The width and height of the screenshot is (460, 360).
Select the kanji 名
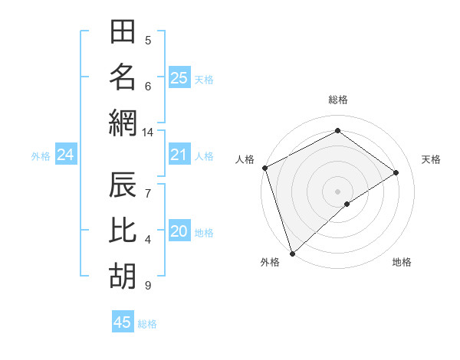123,77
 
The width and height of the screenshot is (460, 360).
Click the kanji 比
123,232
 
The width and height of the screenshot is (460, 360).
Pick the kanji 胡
123,277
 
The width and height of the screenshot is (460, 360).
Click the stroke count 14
148,133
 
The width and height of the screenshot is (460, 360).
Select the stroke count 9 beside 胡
148,286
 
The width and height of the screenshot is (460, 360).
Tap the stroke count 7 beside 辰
148,185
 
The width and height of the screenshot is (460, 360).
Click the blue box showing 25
179,77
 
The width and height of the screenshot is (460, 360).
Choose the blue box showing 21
179,155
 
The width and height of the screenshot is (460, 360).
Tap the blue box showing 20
179,231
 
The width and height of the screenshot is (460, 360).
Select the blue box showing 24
65,155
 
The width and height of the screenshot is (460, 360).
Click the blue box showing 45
123,322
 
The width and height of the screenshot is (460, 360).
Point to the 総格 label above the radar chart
337,100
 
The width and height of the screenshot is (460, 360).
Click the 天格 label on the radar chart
431,159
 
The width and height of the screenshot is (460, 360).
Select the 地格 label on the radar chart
402,262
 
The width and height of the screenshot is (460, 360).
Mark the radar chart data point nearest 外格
292,253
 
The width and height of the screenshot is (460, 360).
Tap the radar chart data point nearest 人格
264,167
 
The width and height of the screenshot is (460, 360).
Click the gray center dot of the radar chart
337,191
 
